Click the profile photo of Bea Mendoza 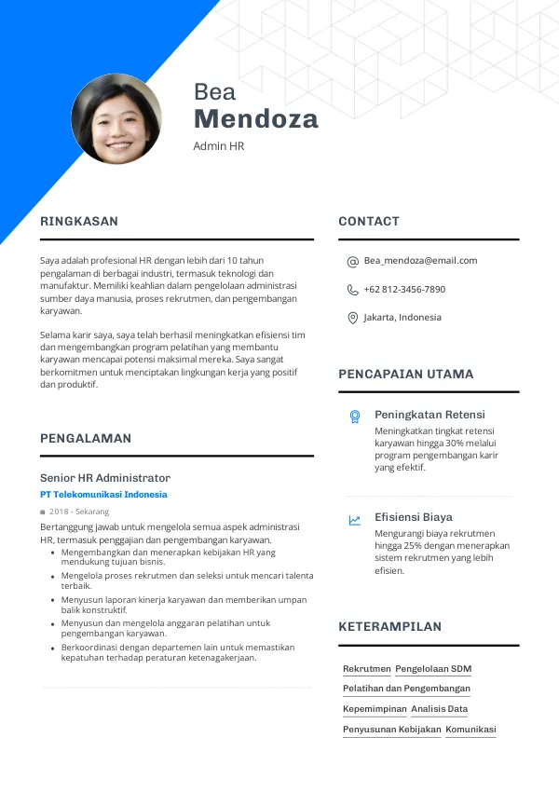116,119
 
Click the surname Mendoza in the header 255,119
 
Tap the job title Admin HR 218,146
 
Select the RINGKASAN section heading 79,222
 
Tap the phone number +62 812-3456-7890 404,290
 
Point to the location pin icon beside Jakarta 353,318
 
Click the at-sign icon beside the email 353,262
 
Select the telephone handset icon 353,290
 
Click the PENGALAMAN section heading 86,438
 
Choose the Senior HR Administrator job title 105,477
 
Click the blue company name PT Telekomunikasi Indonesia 103,495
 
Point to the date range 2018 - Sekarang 79,512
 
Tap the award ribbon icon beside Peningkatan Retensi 355,416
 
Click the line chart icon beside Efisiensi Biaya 355,520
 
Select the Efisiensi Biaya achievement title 414,517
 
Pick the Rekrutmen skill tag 367,669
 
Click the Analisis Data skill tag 439,709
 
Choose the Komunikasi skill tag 470,730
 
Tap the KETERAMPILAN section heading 389,627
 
